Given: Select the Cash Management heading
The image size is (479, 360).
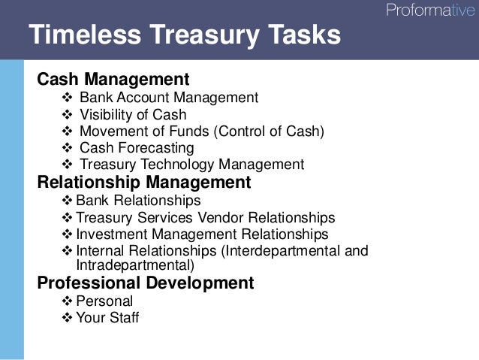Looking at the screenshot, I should [113, 79].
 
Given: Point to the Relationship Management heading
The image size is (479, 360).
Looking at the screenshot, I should [143, 182].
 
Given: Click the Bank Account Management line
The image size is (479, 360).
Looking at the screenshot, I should [168, 98].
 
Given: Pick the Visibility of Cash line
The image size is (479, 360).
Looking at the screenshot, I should [133, 115].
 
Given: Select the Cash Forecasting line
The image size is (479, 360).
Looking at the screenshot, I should [136, 148].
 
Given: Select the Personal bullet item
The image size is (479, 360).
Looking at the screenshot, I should [104, 301].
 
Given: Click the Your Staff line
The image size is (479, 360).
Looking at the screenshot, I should [107, 318].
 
